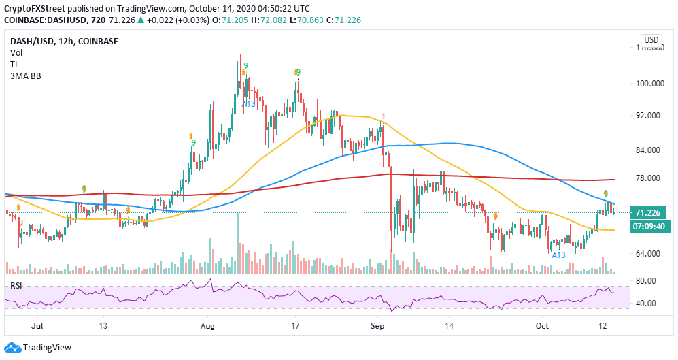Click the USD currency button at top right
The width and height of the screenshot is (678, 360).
pos(651,40)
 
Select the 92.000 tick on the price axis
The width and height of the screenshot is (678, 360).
pos(649,116)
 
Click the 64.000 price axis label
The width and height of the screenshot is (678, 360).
pos(649,254)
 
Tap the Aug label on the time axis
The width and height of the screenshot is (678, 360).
pos(209,325)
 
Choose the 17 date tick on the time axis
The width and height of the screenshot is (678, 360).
pos(295,325)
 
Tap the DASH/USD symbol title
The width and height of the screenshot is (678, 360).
pos(29,41)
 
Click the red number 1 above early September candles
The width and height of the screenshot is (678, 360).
pos(384,116)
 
